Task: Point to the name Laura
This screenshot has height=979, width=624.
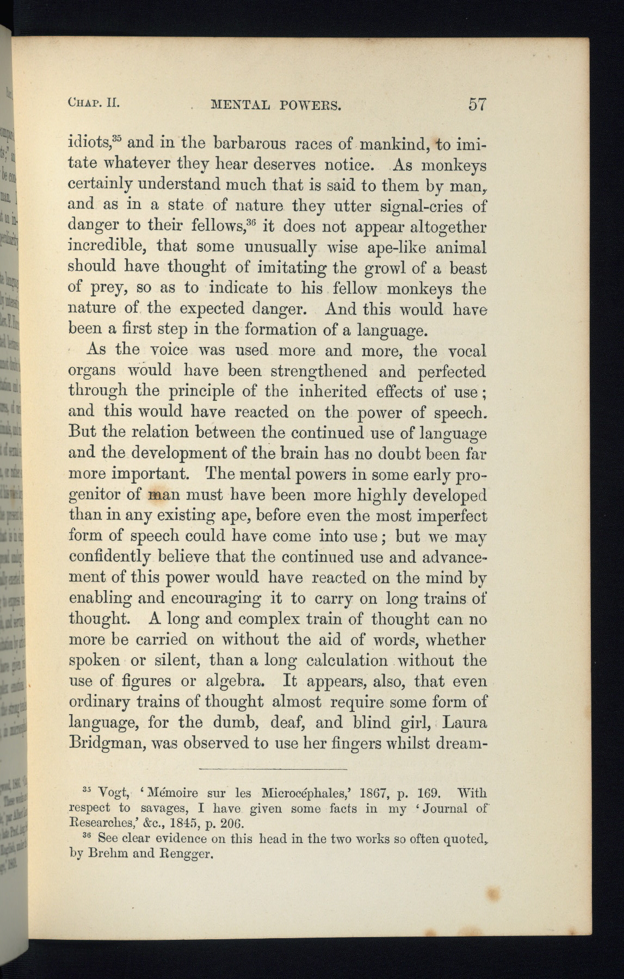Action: (x=464, y=722)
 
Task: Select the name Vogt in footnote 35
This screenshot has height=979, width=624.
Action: (x=113, y=793)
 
